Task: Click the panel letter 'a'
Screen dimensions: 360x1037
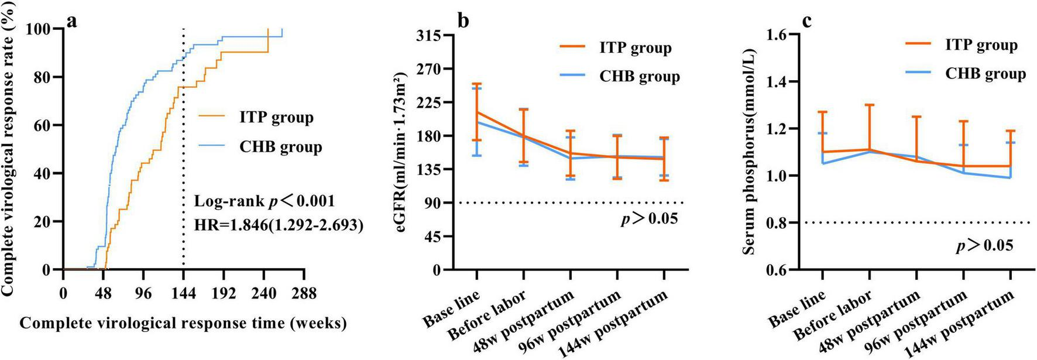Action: [73, 22]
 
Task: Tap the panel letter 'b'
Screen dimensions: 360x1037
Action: [463, 22]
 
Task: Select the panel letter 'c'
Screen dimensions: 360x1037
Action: [806, 22]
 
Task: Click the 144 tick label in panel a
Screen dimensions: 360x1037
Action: [183, 293]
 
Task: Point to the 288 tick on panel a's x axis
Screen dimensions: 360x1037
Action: [303, 293]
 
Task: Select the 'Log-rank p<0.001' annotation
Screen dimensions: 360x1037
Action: [265, 201]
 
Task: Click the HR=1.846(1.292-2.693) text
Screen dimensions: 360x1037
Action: [279, 225]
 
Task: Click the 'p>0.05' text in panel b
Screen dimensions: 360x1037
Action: [649, 219]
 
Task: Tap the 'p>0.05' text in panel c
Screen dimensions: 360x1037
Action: [984, 245]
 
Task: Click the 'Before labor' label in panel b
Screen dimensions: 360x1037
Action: [487, 315]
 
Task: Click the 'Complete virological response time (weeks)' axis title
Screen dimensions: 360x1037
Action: [183, 323]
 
